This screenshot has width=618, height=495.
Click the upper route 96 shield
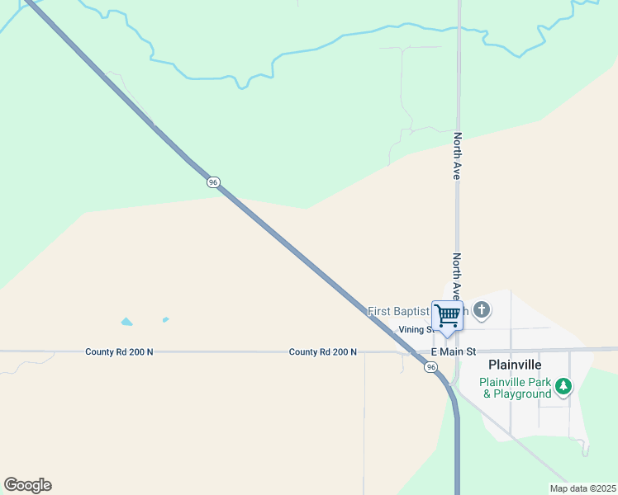pyautogui.click(x=213, y=182)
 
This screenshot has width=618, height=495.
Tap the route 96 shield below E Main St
pyautogui.click(x=430, y=367)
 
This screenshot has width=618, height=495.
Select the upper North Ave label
pyautogui.click(x=457, y=157)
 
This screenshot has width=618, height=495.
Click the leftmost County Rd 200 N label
pyautogui.click(x=119, y=352)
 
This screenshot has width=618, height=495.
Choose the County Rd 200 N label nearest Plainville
pyautogui.click(x=323, y=352)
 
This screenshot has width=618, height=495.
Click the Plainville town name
pyautogui.click(x=515, y=365)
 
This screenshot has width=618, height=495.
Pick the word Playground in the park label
pyautogui.click(x=523, y=394)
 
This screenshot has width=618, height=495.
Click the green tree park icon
pyautogui.click(x=563, y=385)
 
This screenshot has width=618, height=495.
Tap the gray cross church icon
pyautogui.click(x=482, y=311)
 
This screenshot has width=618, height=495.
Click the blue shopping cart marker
pyautogui.click(x=447, y=316)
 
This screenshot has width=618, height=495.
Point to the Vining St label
pyautogui.click(x=416, y=330)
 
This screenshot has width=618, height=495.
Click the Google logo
pyautogui.click(x=28, y=485)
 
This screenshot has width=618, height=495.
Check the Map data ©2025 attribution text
pyautogui.click(x=582, y=488)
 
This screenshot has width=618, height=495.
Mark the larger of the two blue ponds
pyautogui.click(x=126, y=322)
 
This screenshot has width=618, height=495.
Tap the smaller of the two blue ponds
pyautogui.click(x=166, y=319)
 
